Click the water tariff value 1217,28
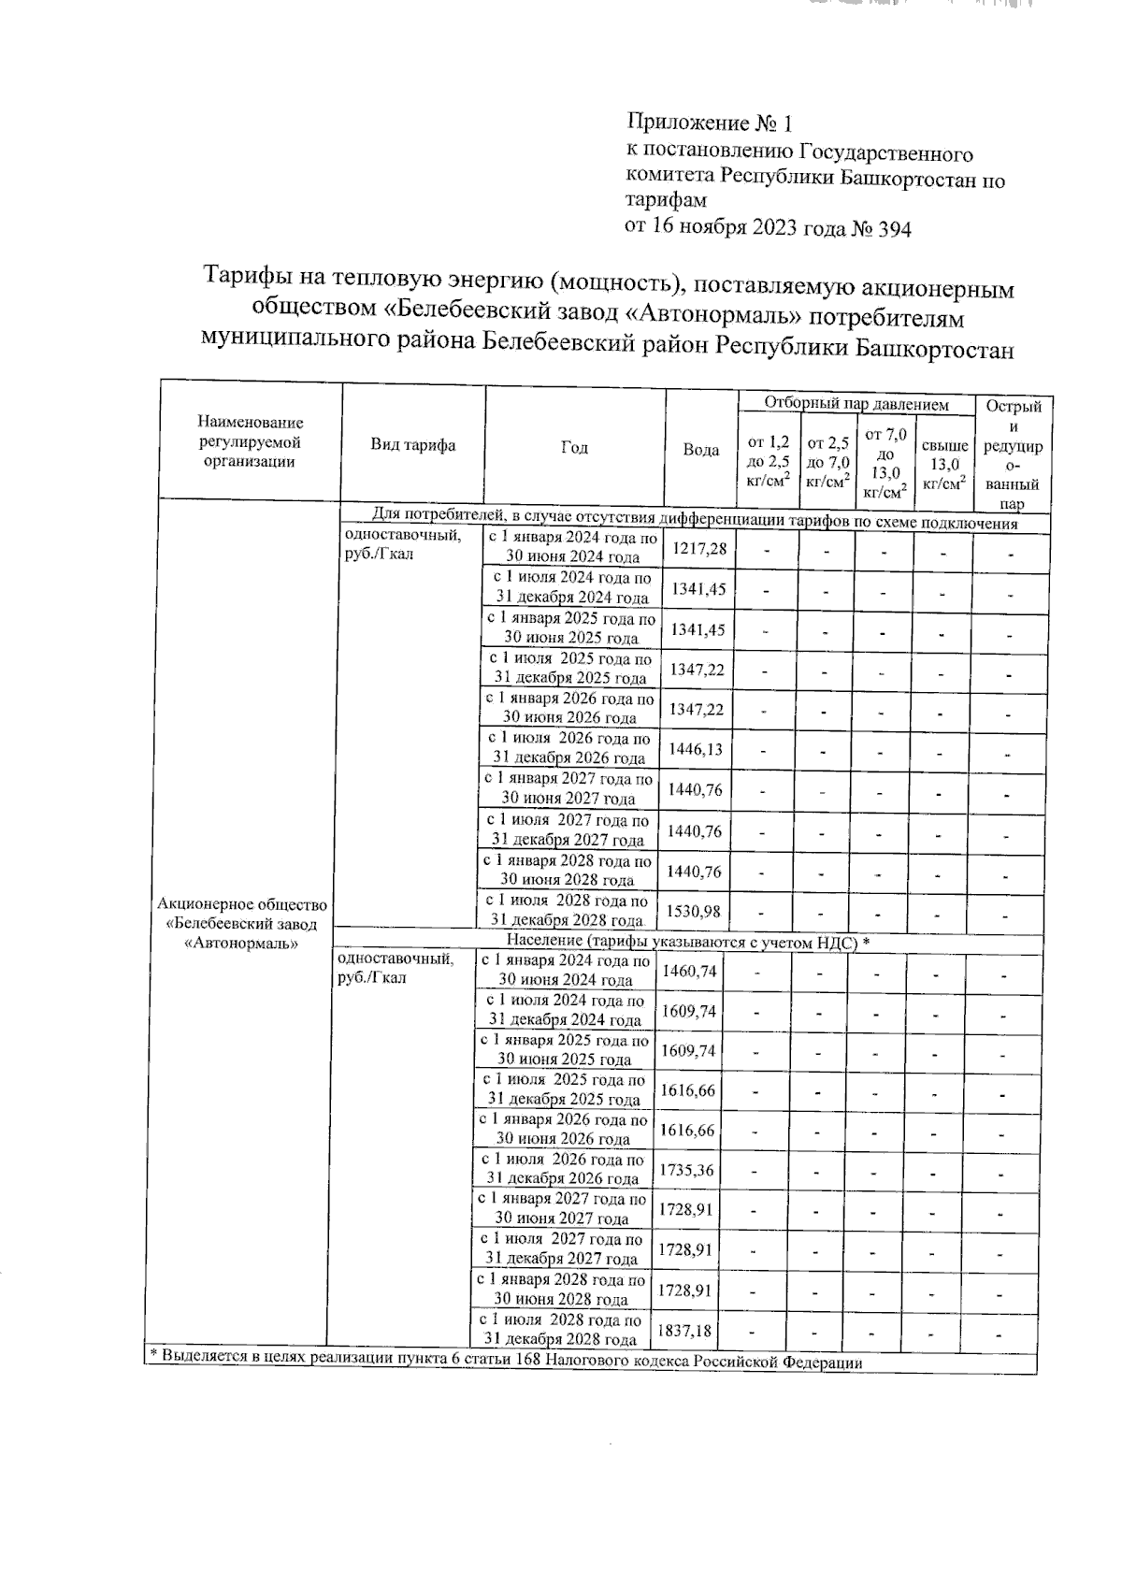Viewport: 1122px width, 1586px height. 700,548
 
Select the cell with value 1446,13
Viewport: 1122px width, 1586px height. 698,750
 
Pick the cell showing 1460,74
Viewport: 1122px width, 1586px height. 690,972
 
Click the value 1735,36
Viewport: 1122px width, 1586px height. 687,1170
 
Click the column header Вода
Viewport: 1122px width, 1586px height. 701,450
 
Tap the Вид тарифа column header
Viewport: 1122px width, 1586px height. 413,446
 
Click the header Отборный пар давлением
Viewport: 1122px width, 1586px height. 856,405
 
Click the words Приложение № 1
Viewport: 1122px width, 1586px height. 711,123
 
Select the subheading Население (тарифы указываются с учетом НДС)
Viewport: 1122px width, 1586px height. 687,941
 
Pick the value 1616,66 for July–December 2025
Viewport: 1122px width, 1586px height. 688,1090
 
